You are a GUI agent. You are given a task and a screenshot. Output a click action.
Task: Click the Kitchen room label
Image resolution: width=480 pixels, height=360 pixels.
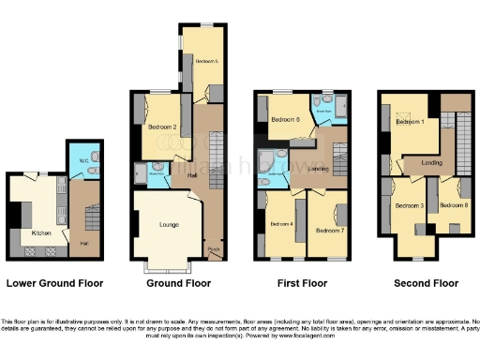(41, 232)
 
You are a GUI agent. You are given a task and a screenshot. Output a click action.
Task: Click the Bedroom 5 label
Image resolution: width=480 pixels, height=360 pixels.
(207, 60)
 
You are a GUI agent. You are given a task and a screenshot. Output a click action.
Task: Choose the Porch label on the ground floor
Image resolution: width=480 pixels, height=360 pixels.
(213, 250)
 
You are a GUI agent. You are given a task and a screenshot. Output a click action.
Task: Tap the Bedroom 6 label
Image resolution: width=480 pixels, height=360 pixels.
(286, 120)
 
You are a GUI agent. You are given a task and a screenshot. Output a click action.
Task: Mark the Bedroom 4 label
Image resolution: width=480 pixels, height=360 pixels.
(282, 223)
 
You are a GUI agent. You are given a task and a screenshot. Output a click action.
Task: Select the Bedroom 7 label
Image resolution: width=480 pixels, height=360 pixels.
(329, 229)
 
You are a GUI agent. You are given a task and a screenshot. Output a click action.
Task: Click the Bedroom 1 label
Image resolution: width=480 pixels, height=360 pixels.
(411, 122)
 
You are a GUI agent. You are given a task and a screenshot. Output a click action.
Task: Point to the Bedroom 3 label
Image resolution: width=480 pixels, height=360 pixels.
(408, 204)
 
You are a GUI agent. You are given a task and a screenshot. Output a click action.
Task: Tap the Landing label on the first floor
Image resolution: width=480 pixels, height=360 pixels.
(318, 169)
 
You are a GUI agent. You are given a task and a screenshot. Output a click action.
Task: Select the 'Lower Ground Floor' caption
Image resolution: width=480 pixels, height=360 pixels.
(54, 282)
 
